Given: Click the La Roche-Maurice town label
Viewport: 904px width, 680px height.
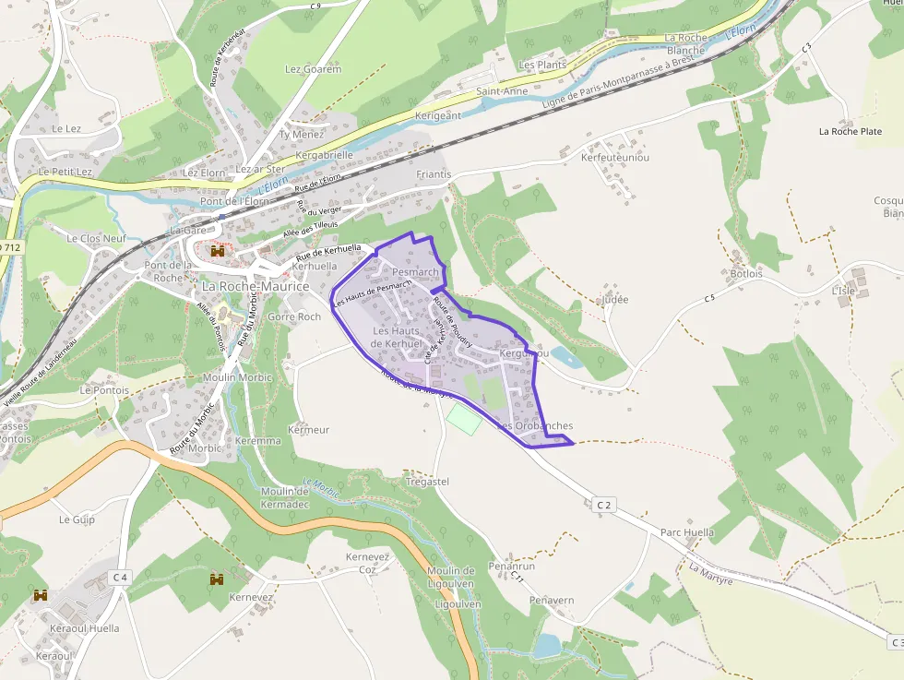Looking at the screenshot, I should [256, 287].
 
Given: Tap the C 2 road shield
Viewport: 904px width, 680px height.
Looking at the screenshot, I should [604, 505].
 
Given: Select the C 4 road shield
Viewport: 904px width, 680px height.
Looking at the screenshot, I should [119, 577].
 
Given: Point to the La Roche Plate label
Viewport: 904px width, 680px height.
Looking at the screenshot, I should [850, 131].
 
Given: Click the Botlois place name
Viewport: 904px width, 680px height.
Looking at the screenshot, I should [746, 273].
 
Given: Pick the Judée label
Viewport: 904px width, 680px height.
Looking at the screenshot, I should [613, 299].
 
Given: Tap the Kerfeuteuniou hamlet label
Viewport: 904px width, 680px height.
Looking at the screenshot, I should [615, 158].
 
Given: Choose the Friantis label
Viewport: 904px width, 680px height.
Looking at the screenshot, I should [434, 173].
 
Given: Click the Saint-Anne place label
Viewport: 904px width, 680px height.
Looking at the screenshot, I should [502, 91].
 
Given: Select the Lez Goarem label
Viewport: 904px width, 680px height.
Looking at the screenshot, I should [313, 69].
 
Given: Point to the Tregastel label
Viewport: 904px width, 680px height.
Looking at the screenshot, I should [427, 482].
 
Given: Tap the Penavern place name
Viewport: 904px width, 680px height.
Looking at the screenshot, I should [552, 600].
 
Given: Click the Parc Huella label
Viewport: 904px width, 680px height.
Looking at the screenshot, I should [687, 532].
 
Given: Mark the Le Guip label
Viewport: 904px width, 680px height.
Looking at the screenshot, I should [77, 519].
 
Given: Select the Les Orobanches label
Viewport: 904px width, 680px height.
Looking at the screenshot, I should [536, 425].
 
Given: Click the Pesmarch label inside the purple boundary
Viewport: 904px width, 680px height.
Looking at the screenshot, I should [415, 272].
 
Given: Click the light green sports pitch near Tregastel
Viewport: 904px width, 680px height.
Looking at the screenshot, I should [464, 420].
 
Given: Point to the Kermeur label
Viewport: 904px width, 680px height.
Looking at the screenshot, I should [309, 430].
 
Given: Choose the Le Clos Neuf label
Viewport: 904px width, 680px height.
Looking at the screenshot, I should [96, 238].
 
